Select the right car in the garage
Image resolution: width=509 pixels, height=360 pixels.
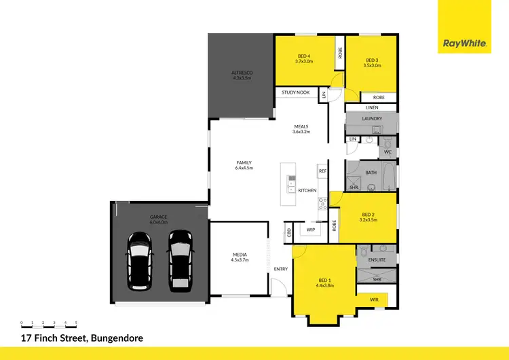(180, 258)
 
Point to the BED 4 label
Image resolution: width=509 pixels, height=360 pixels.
(303, 56)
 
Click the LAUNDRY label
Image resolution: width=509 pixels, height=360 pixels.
(372, 119)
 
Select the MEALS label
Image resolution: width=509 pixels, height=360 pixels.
(301, 126)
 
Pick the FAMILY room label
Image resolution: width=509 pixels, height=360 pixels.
(244, 163)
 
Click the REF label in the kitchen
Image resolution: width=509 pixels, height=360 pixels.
(323, 171)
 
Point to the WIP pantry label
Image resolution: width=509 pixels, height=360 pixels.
(311, 230)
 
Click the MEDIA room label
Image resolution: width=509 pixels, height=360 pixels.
(240, 255)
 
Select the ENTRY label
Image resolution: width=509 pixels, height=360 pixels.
(281, 269)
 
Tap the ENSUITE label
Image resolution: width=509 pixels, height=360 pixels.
(377, 259)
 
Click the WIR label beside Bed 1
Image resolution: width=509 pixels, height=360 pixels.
(374, 299)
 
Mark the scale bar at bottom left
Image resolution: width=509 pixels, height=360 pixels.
(49, 325)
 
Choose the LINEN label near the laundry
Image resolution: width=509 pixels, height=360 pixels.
(371, 107)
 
